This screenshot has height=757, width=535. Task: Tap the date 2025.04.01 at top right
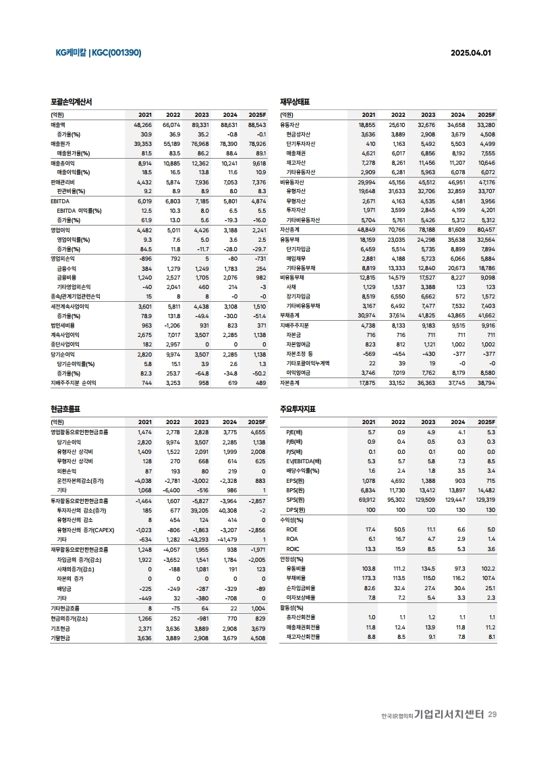[x=471, y=53]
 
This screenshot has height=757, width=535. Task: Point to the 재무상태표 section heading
[x=295, y=101]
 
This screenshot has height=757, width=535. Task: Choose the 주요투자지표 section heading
[x=298, y=409]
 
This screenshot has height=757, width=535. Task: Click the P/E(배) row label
[x=294, y=432]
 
